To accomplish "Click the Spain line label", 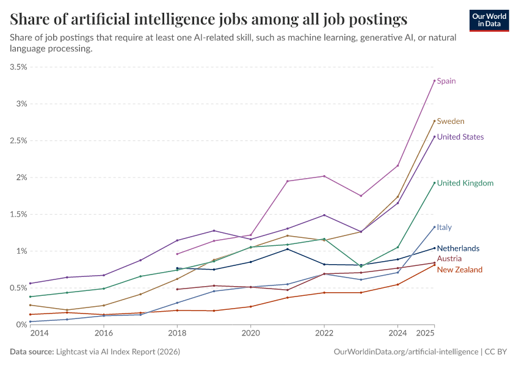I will click(x=446, y=81).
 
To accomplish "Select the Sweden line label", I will click(x=451, y=121).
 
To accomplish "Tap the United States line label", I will click(x=460, y=137).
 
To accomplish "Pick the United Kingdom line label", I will click(x=465, y=184).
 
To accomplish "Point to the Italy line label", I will click(x=445, y=228).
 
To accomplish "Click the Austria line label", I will click(x=449, y=259).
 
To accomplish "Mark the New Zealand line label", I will click(x=460, y=270).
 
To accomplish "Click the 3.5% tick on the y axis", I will click(x=18, y=67).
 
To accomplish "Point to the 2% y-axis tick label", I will click(x=21, y=178).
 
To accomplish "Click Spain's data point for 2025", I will click(x=434, y=81).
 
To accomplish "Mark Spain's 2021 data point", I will click(x=288, y=181).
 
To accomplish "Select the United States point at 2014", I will click(x=31, y=283).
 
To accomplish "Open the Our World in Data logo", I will click(x=489, y=20).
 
